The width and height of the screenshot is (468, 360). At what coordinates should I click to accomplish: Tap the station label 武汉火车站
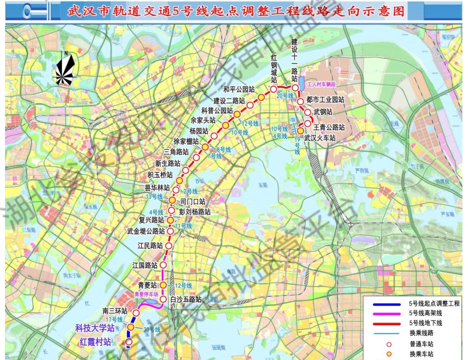coord(320,137)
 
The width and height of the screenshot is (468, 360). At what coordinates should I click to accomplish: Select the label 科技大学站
coord(95,328)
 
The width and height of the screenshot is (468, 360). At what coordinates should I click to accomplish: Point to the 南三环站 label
coord(114,311)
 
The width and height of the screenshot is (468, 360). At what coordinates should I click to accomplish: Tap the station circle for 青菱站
coord(163,285)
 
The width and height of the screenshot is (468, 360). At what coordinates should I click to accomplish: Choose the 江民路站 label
coord(150,246)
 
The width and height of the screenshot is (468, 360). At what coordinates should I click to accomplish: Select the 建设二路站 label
coord(229,100)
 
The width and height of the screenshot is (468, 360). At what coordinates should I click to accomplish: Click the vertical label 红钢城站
coord(274,72)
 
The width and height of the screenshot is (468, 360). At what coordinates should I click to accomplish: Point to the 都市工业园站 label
coord(325,100)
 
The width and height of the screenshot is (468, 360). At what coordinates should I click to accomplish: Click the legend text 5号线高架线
coord(427,313)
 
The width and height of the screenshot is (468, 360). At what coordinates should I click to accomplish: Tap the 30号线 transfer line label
coord(152,330)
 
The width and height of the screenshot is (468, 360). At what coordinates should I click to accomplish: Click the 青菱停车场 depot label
coord(146,294)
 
